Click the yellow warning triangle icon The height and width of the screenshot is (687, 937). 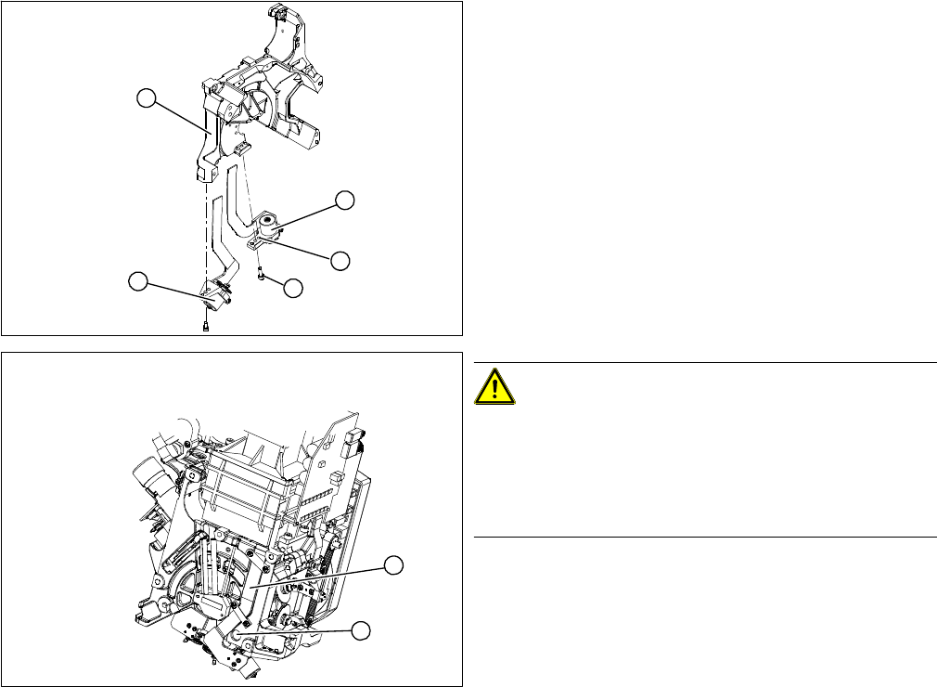point(494,385)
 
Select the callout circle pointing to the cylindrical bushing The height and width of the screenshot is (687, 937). point(345,200)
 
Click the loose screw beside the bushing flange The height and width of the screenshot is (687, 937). point(262,274)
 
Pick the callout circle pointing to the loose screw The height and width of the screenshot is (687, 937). point(293,289)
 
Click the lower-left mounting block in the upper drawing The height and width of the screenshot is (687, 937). point(215,295)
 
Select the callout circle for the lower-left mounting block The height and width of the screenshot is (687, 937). point(138,279)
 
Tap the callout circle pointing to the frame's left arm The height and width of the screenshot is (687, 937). point(145,97)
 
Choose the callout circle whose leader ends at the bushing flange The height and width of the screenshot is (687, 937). point(341,260)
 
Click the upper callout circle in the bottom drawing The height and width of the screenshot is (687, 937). point(394,564)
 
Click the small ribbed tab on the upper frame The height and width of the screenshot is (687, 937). point(243,149)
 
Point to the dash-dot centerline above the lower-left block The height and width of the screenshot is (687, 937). point(205,232)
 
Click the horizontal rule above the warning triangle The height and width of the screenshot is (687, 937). point(705,362)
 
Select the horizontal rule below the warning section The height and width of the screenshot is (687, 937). point(705,537)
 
